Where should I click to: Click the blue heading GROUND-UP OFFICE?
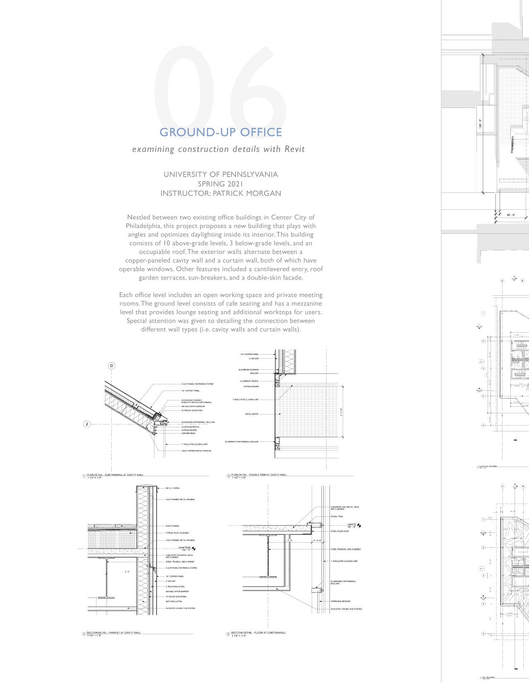pyautogui.click(x=221, y=132)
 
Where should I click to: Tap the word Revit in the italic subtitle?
pyautogui.click(x=294, y=149)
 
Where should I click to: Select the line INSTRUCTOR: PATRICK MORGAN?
pyautogui.click(x=221, y=193)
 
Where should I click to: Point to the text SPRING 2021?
pyautogui.click(x=220, y=184)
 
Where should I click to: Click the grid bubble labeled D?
pyautogui.click(x=111, y=366)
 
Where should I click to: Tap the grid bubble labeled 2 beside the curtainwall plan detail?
pyautogui.click(x=87, y=424)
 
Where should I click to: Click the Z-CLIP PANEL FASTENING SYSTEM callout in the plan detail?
pyautogui.click(x=197, y=384)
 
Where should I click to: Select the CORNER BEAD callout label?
pyautogui.click(x=188, y=433)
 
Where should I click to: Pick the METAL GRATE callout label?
pyautogui.click(x=252, y=414)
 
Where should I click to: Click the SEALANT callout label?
pyautogui.click(x=254, y=373)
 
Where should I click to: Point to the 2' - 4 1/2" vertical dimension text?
pyautogui.click(x=341, y=412)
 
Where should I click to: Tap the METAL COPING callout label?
pyautogui.click(x=173, y=488)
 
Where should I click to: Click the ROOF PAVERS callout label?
pyautogui.click(x=172, y=526)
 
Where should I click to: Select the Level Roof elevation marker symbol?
pyautogui.click(x=193, y=548)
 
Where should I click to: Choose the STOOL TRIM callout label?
pyautogui.click(x=337, y=517)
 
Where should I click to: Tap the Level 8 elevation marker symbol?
pyautogui.click(x=359, y=525)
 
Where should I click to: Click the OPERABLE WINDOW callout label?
pyautogui.click(x=340, y=601)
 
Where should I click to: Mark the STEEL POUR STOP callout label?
pyautogui.click(x=339, y=531)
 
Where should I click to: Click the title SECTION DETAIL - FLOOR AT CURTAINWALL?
pyautogui.click(x=258, y=633)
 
